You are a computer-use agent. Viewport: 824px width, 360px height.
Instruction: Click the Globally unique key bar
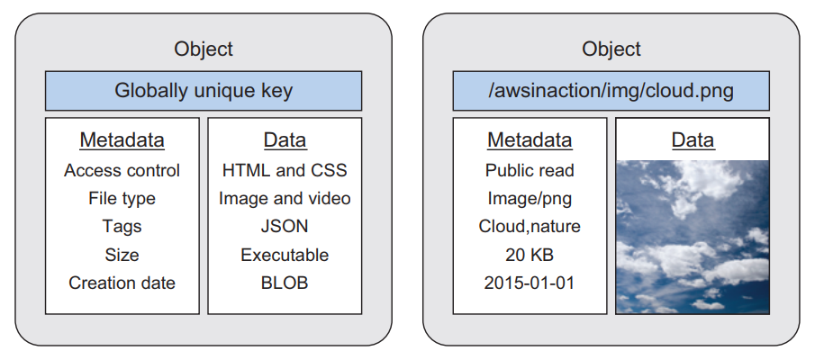point(204,91)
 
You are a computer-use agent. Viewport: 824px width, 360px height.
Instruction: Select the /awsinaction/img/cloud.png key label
point(611,91)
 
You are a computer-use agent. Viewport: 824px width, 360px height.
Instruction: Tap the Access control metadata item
point(122,170)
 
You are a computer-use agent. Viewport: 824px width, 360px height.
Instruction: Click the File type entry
point(122,199)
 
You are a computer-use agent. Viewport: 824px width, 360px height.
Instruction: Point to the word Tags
point(122,227)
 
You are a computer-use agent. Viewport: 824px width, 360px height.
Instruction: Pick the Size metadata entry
point(122,255)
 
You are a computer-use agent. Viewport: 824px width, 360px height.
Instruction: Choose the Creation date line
point(122,283)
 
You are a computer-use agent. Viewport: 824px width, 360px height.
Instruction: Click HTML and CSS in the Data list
point(285,170)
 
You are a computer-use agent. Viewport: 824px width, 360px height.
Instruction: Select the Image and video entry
point(285,199)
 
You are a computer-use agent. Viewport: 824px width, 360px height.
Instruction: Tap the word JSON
point(285,227)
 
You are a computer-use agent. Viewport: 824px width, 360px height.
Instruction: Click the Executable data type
point(285,255)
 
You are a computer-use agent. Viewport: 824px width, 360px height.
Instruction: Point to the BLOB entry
point(285,283)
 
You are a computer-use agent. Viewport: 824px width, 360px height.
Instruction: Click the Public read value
point(530,170)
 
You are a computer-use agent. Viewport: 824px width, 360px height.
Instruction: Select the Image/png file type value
point(530,199)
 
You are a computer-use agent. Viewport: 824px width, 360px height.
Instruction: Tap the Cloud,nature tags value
point(530,227)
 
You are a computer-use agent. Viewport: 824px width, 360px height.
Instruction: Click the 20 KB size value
point(530,255)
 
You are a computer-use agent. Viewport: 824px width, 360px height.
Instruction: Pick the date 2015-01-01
point(530,283)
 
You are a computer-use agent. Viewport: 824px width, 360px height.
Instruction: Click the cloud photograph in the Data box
point(693,237)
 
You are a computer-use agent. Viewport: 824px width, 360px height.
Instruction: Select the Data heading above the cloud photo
point(693,140)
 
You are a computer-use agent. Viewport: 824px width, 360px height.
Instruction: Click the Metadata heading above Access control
point(122,140)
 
